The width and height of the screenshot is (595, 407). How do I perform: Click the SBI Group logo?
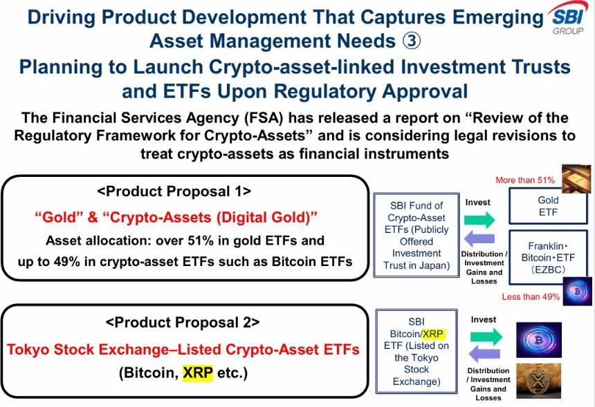point(569,18)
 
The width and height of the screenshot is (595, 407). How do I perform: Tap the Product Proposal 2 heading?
point(183,322)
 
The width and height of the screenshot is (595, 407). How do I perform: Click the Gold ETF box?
point(548,205)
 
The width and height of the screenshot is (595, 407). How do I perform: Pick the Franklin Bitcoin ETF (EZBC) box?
point(548,256)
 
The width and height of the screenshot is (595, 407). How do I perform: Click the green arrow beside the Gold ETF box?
point(478,220)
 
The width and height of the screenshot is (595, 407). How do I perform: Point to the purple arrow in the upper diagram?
point(478,239)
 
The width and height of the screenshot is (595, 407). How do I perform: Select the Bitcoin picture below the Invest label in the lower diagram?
point(539,339)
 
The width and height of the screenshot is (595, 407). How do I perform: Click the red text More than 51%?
point(524,180)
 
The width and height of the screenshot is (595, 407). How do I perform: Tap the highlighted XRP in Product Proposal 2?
point(198,374)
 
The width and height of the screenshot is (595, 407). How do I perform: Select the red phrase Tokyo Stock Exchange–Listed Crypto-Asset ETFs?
point(183,349)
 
